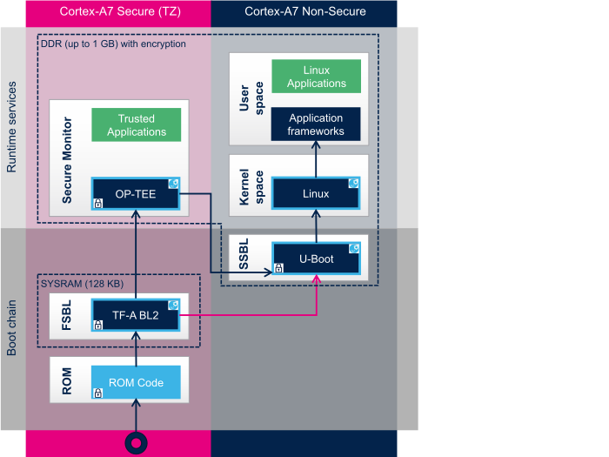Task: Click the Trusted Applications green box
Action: [x=137, y=125]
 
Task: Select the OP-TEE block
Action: [x=136, y=193]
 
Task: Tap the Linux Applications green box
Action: [x=316, y=77]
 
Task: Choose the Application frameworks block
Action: [x=316, y=124]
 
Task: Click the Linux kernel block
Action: [x=316, y=193]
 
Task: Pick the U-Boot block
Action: [x=316, y=259]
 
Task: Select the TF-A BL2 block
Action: [x=136, y=315]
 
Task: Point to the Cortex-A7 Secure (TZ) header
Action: [x=118, y=11]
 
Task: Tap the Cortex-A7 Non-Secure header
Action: [x=304, y=11]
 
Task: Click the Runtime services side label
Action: [x=12, y=127]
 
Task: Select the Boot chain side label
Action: [x=12, y=329]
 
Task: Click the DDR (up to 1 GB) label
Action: [x=113, y=44]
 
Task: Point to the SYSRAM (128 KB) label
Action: [x=83, y=284]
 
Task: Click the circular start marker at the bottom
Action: [x=136, y=442]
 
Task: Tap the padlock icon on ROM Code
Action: [x=98, y=393]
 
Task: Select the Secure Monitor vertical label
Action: [x=68, y=161]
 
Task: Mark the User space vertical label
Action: [x=244, y=98]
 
